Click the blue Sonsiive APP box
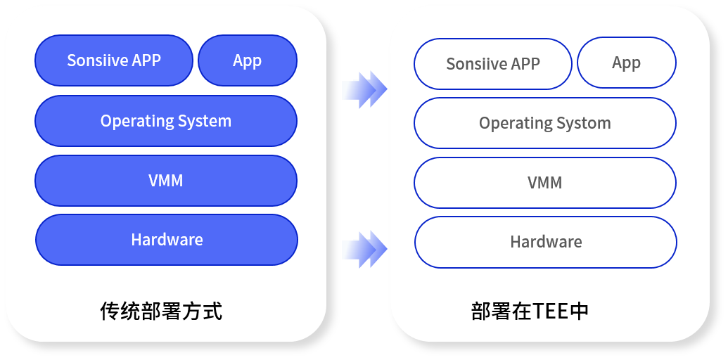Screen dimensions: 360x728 (x=113, y=60)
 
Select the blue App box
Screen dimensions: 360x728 (x=247, y=60)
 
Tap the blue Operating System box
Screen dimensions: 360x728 (x=165, y=121)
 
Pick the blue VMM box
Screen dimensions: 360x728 (x=165, y=181)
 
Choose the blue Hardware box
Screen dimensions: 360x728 (x=166, y=240)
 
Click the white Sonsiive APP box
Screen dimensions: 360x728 (x=492, y=64)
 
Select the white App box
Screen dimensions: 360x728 (x=626, y=63)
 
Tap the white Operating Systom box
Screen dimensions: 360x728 (x=544, y=123)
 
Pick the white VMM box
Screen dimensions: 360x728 (x=544, y=183)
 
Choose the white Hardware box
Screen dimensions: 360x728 (x=545, y=242)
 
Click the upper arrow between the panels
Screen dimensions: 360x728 (x=364, y=89)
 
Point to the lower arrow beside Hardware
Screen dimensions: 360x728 (x=364, y=249)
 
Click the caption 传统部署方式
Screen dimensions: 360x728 (x=161, y=310)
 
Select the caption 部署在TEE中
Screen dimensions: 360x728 (x=530, y=311)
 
